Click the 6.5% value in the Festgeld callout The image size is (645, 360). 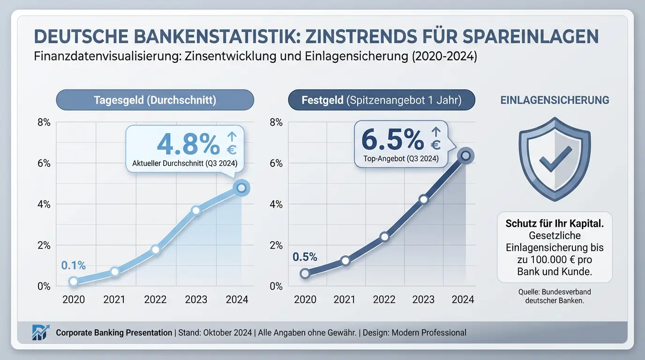click(392, 139)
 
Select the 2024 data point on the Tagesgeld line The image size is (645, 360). click(241, 188)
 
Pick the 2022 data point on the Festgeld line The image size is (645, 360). click(384, 237)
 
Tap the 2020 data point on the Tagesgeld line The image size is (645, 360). click(74, 281)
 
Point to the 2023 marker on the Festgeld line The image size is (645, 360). click(424, 199)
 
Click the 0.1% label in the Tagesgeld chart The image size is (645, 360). click(74, 265)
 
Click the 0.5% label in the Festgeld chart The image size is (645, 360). click(305, 257)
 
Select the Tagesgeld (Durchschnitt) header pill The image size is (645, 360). click(155, 100)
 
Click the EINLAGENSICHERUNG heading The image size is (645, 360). click(555, 100)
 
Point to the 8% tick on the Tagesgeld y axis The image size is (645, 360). click(44, 123)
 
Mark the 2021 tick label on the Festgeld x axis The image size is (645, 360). click(345, 300)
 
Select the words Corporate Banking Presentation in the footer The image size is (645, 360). click(114, 333)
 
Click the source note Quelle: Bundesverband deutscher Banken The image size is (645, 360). click(555, 296)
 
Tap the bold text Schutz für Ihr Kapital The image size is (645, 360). click(555, 224)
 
